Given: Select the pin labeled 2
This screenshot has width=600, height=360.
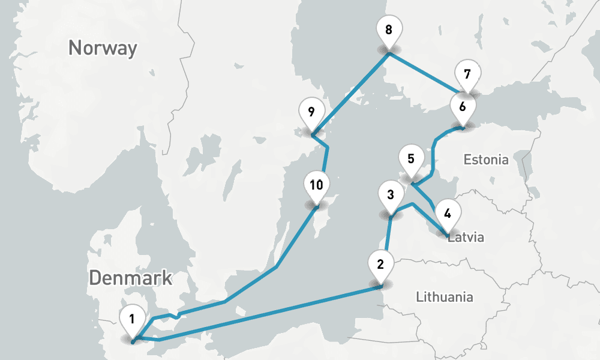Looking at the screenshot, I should coord(380,265).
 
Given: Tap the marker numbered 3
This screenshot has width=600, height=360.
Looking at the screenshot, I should coord(391,195).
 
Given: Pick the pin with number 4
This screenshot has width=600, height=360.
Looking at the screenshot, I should coord(447,213).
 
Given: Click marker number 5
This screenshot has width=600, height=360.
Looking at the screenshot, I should coord(411,160).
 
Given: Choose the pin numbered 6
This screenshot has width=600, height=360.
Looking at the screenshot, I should coord(462,109).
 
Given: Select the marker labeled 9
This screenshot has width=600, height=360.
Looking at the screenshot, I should coord(311,112).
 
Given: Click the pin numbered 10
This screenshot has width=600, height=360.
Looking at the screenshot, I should coord(317,185).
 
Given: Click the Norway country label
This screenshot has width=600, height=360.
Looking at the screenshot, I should coord(103,47).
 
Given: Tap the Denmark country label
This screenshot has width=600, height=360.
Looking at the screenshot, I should coord(131,278).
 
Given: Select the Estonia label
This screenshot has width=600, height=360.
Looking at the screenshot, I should coord(486,160).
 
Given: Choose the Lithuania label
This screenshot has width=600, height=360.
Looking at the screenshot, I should coord(444,296).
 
